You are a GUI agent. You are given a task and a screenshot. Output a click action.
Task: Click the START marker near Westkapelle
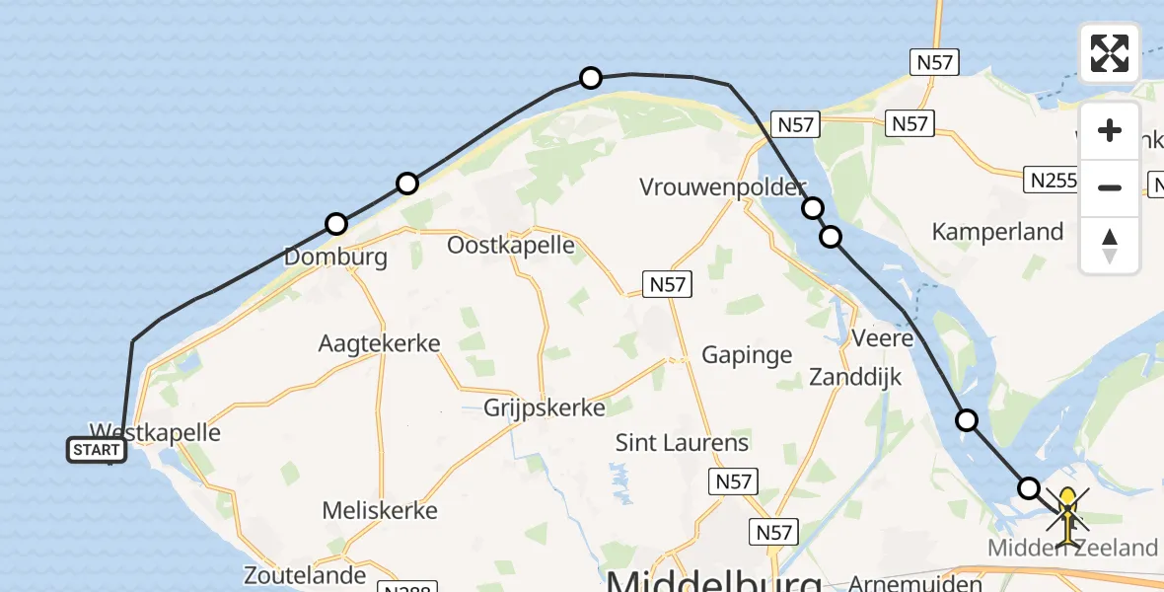coord(97,451)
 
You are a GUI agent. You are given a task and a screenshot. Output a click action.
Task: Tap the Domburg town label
coord(335,258)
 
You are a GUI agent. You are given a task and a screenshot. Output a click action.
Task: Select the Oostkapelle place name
coord(511,245)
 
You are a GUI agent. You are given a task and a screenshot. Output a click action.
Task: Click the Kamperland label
coord(998,232)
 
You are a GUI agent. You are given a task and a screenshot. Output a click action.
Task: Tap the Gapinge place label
coord(747,354)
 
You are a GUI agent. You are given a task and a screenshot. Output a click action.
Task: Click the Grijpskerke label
coord(545,407)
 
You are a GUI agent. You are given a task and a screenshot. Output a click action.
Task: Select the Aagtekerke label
coord(379,343)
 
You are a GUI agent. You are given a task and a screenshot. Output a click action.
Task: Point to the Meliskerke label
coord(380,511)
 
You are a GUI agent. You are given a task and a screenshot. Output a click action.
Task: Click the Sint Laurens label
coord(683,442)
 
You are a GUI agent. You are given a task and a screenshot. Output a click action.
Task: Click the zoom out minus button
coord(1110,187)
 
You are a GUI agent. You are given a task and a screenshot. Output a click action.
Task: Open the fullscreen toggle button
coord(1110,53)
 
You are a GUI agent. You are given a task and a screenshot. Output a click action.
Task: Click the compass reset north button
coord(1110,245)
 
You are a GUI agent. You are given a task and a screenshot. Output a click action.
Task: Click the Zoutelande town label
coord(305,574)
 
